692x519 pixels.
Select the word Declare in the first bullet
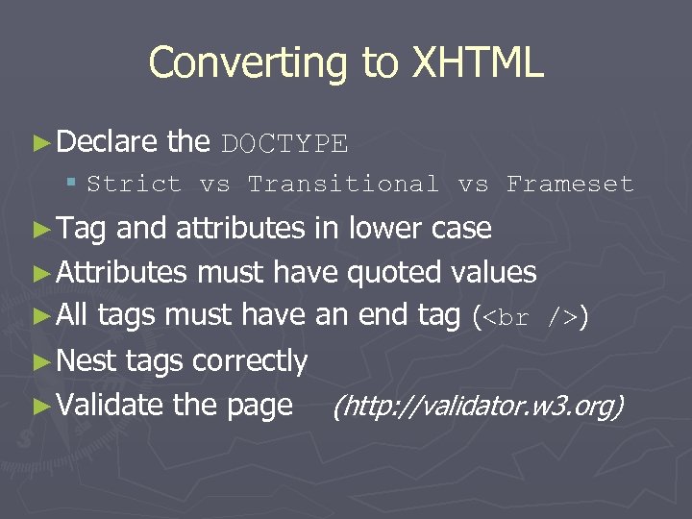[108, 142]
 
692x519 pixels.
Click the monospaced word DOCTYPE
[284, 144]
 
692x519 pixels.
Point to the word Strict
[134, 184]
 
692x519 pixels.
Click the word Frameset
[570, 184]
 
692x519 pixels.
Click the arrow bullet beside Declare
[40, 143]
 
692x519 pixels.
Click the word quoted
[394, 273]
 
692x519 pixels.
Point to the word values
[493, 273]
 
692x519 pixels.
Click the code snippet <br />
[528, 317]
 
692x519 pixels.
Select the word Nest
[87, 360]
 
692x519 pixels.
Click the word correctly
[249, 361]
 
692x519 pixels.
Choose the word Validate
[111, 405]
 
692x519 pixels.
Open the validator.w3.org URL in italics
[478, 407]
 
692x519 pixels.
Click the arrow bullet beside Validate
[40, 406]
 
